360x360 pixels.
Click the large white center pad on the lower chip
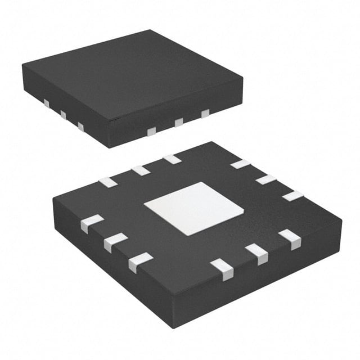pos(193,208)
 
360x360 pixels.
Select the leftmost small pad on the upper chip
pos(47,103)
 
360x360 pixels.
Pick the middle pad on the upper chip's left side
pos(63,115)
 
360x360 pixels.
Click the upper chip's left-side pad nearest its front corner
pos(80,127)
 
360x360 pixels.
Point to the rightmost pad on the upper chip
pos(205,114)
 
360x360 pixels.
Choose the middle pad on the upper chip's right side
pos(179,122)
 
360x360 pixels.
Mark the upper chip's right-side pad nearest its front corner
pos(151,131)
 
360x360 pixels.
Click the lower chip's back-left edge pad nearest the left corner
pos(107,182)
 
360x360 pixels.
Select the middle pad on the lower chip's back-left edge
pos(140,170)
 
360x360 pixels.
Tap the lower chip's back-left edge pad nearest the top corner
pos(172,159)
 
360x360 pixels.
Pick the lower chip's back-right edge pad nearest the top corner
pos(240,164)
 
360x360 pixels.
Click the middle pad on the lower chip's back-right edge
pos(266,179)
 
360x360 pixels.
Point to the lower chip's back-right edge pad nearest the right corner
pos(292,196)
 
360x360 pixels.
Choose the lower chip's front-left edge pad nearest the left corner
pos(92,223)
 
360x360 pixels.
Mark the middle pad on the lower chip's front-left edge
pos(115,242)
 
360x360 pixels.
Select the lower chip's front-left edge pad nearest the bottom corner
pos(139,262)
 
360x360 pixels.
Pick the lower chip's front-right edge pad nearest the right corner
pos(290,239)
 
